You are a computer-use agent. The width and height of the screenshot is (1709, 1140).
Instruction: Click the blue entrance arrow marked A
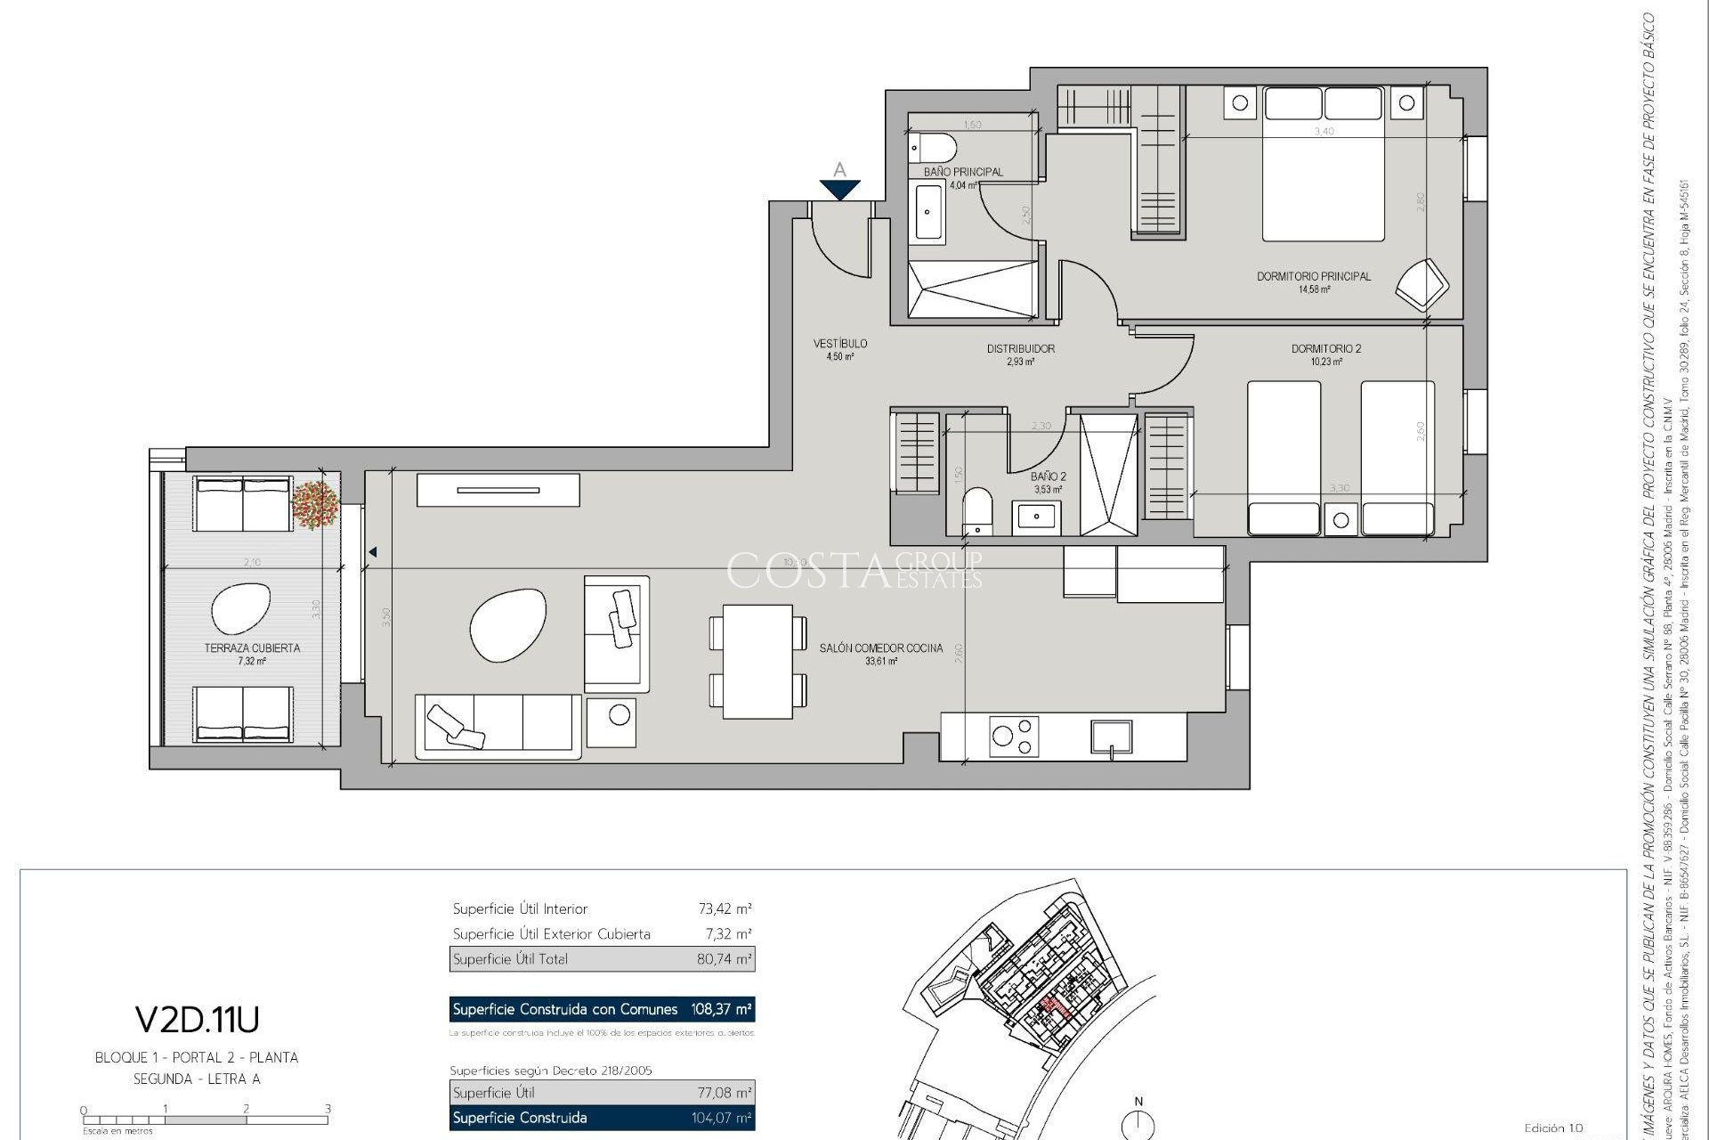pyautogui.click(x=839, y=188)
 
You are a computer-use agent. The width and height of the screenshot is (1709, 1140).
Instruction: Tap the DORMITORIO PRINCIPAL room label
pyautogui.click(x=1313, y=276)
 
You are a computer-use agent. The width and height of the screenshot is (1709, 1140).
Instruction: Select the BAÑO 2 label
pyautogui.click(x=1049, y=476)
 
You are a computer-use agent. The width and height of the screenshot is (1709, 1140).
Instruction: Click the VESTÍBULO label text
pyautogui.click(x=839, y=344)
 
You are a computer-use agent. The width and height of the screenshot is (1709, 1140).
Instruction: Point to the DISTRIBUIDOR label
pyautogui.click(x=1020, y=349)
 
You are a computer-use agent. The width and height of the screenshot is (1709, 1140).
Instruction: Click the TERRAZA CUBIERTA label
pyautogui.click(x=252, y=648)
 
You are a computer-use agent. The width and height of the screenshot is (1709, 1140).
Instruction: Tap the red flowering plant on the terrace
pyautogui.click(x=315, y=504)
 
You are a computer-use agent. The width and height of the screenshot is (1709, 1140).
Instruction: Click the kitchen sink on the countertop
pyautogui.click(x=1112, y=738)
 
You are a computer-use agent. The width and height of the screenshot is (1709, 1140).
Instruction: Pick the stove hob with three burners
pyautogui.click(x=1015, y=737)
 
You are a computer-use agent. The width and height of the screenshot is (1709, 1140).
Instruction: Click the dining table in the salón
pyautogui.click(x=757, y=661)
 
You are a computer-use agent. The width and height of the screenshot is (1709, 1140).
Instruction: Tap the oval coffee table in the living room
pyautogui.click(x=506, y=623)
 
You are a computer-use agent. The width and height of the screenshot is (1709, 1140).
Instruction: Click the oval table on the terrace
pyautogui.click(x=240, y=608)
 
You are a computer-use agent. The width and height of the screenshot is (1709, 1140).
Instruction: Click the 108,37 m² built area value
pyautogui.click(x=721, y=1009)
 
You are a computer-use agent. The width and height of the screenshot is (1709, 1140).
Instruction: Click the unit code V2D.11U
pyautogui.click(x=197, y=1019)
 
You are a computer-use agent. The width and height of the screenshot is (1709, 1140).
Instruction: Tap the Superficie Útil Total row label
pyautogui.click(x=510, y=959)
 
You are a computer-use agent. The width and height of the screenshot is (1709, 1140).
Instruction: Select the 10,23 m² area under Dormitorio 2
pyautogui.click(x=1325, y=362)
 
